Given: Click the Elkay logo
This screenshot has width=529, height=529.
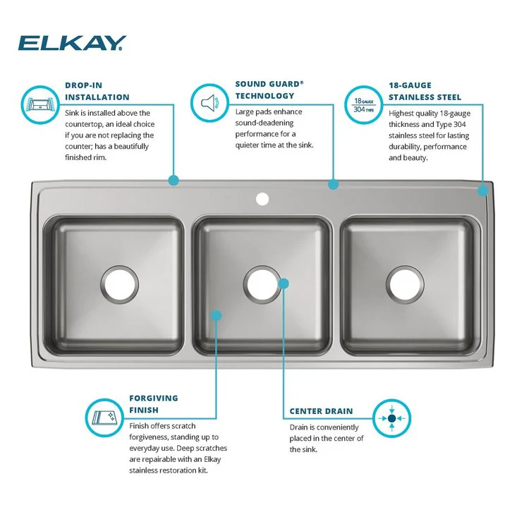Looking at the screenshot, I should (x=71, y=44).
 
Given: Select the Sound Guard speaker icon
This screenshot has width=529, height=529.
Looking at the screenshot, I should (x=209, y=103).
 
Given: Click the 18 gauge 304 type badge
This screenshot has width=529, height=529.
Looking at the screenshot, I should (x=363, y=103).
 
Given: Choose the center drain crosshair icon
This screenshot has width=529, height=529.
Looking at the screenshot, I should (x=392, y=418).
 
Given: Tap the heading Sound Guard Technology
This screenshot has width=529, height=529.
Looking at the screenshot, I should (x=269, y=89).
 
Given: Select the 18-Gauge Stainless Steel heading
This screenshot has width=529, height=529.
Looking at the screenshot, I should (x=425, y=91).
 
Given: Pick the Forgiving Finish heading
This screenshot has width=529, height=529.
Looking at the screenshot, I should (x=154, y=403).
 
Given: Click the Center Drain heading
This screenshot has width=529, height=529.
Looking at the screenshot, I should (x=321, y=411).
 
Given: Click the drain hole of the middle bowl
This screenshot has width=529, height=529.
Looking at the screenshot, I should (x=263, y=283).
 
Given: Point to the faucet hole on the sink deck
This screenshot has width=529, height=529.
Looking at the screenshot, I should (x=262, y=199).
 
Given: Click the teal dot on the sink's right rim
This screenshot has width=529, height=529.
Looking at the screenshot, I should (x=482, y=190).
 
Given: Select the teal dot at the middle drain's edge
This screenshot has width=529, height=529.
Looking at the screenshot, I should (x=284, y=283).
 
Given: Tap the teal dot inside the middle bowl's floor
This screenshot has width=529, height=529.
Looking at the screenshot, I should (x=217, y=316).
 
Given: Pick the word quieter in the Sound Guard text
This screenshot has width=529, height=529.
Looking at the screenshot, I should (x=249, y=145).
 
